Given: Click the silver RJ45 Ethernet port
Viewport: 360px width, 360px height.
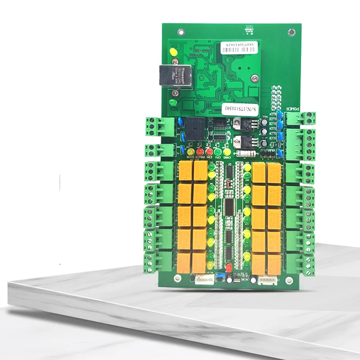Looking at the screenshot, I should coord(167,76).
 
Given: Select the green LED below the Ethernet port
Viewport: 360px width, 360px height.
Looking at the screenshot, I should coord(172,103).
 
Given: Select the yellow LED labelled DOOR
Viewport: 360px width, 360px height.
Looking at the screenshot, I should coord(190,152).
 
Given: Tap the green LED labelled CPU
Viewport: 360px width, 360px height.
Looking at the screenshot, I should coord(217,152).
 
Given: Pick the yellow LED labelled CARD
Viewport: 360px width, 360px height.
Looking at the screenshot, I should coord(227,152).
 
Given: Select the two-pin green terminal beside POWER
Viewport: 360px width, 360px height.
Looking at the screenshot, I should coord(300,118).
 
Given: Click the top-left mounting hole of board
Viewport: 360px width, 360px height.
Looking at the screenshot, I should coord(180,32).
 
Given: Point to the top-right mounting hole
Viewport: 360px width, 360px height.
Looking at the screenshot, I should coord(292,32).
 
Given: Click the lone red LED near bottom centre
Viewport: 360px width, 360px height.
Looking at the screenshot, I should coord(229,268).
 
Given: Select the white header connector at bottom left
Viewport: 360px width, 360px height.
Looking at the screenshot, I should coord(204,279).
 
